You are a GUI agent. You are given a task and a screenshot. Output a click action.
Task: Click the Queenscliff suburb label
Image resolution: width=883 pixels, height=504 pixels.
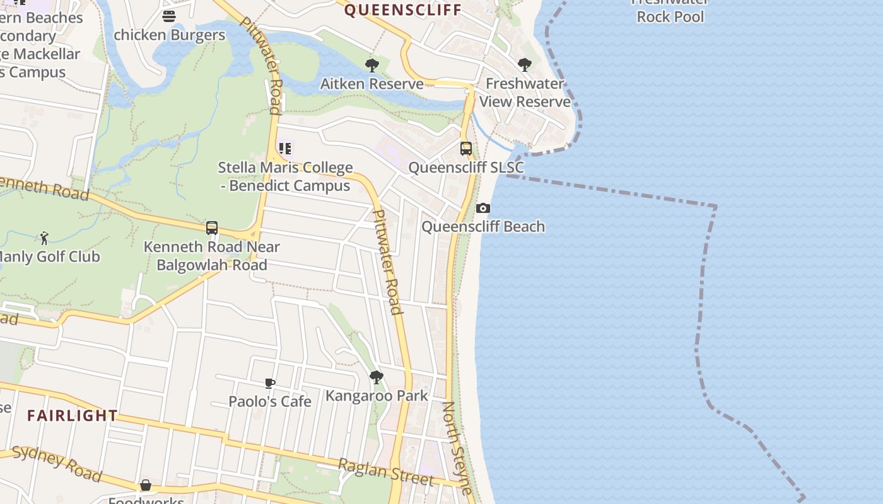403,10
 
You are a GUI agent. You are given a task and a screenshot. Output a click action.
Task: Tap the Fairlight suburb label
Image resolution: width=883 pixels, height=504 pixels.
73,416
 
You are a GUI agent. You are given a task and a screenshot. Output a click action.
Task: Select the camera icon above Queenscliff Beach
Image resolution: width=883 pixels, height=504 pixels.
483,209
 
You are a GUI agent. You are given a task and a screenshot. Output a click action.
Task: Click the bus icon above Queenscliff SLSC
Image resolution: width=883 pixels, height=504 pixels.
466,149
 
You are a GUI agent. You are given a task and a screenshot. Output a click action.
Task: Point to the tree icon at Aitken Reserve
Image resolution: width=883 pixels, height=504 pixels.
372,65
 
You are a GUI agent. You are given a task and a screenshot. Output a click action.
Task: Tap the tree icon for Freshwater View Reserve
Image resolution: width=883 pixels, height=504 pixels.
524,64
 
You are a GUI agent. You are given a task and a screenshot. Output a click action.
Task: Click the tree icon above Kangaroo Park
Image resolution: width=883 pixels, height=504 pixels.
377,377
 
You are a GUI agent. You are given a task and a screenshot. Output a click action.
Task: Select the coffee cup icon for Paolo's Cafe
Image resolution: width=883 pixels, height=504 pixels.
270,383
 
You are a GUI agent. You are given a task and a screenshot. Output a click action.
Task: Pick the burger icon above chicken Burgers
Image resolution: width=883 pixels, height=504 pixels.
169,16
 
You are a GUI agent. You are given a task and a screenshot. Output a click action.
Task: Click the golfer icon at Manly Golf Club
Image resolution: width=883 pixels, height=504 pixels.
44,238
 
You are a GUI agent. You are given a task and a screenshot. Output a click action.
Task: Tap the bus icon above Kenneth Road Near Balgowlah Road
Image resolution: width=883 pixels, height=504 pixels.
212,228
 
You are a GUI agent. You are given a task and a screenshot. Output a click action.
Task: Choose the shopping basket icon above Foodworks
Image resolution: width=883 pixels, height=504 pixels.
146,485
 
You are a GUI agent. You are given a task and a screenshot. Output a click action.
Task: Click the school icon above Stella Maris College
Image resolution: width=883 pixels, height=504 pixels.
285,149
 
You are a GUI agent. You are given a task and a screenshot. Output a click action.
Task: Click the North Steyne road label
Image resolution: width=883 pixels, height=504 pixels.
457,447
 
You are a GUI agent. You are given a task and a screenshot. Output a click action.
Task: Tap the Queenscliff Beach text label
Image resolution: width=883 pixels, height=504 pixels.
483,227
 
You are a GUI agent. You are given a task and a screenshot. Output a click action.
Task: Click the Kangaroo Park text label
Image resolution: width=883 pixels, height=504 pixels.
377,396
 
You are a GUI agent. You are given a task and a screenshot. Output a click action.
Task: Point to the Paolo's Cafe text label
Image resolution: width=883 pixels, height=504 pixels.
270,401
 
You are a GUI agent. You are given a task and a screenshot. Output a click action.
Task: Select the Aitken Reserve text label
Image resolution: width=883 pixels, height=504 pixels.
372,84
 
